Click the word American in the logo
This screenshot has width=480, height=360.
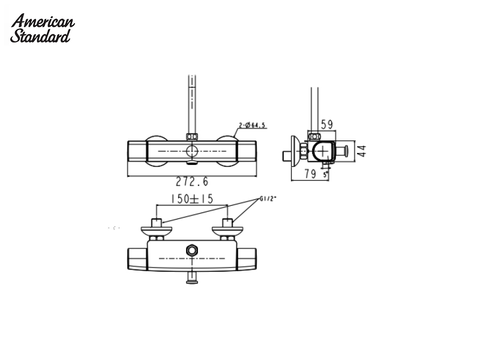click(x=43, y=22)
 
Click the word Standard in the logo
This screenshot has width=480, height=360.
click(x=41, y=35)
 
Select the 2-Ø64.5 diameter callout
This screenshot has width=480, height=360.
click(x=252, y=125)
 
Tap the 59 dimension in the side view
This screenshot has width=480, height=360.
click(x=327, y=125)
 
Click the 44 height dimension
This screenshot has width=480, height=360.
click(x=361, y=151)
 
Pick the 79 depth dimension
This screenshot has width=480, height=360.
click(x=310, y=175)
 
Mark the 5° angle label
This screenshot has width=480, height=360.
click(x=325, y=175)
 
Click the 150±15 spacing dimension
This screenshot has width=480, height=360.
click(x=192, y=199)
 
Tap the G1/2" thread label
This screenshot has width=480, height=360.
click(x=268, y=199)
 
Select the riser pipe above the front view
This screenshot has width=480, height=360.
click(x=192, y=102)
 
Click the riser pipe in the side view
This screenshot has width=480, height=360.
click(x=313, y=111)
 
